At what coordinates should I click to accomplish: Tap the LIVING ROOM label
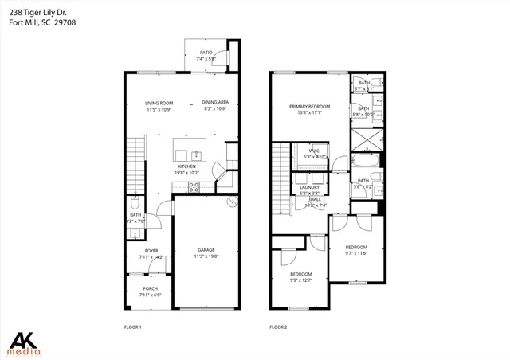(159, 103)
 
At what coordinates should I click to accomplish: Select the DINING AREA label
(215, 103)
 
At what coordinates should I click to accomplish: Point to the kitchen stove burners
(192, 188)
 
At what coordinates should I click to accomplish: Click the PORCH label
(150, 288)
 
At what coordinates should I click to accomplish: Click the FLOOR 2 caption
(278, 327)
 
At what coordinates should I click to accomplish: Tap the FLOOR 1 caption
(132, 327)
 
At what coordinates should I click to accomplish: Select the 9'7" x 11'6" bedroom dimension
(355, 253)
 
